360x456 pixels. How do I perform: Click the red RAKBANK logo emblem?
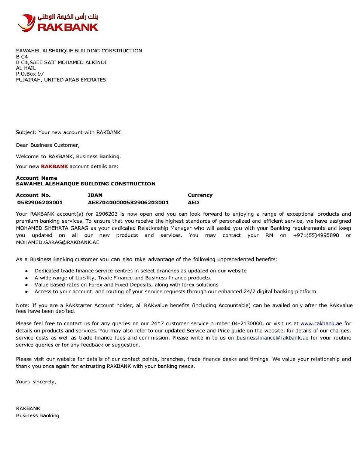pos(26,22)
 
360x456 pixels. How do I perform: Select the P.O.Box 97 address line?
pos(30,74)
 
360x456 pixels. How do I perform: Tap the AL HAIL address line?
pos(26,68)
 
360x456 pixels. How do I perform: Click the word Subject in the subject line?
pos(26,132)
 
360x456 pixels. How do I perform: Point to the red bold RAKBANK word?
pos(54,166)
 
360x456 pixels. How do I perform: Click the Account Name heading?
pos(37,178)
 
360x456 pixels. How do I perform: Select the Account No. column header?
pos(33,195)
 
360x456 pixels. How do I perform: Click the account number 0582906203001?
pos(40,202)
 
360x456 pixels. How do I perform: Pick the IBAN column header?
pos(95,195)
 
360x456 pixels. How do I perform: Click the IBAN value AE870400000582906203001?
pos(128,202)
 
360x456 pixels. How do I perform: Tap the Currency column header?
pos(200,195)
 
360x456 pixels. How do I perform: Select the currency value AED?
pos(193,202)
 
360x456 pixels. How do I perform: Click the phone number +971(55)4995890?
pos(316,235)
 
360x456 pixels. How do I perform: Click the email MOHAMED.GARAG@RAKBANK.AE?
pos(58,243)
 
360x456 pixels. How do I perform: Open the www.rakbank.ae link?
pos(321,324)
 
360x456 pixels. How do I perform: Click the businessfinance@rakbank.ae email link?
pos(272,338)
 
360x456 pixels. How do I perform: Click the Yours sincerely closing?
pos(36,382)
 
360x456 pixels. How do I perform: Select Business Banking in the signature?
pos(38,415)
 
